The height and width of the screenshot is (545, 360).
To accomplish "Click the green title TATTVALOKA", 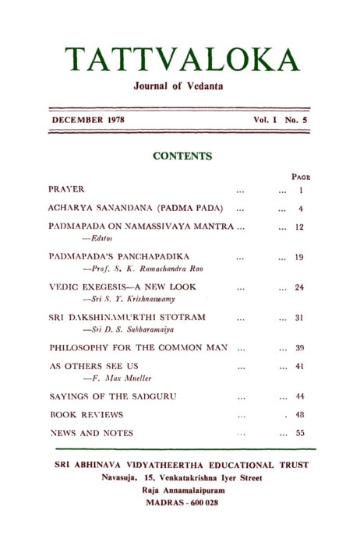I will coord(182,60).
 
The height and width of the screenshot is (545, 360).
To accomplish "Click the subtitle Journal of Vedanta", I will coord(178,86).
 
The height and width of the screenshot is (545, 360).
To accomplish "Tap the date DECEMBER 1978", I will coord(88,121).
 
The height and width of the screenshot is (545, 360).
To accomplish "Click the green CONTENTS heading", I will coord(182,156).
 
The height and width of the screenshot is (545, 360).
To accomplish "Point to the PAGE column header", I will coord(300,177).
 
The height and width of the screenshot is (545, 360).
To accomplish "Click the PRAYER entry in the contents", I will coord(66,189).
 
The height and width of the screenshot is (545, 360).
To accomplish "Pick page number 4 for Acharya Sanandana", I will coord(300,209).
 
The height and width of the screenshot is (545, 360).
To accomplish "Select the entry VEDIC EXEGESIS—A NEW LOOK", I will coord(122,287).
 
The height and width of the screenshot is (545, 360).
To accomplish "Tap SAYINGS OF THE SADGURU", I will coord(112,396).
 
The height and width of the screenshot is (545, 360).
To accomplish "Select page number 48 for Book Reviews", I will coord(299,415).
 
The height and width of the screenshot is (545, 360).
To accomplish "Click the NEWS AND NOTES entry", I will coord(90,433).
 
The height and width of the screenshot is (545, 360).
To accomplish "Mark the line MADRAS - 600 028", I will coord(182,503).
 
